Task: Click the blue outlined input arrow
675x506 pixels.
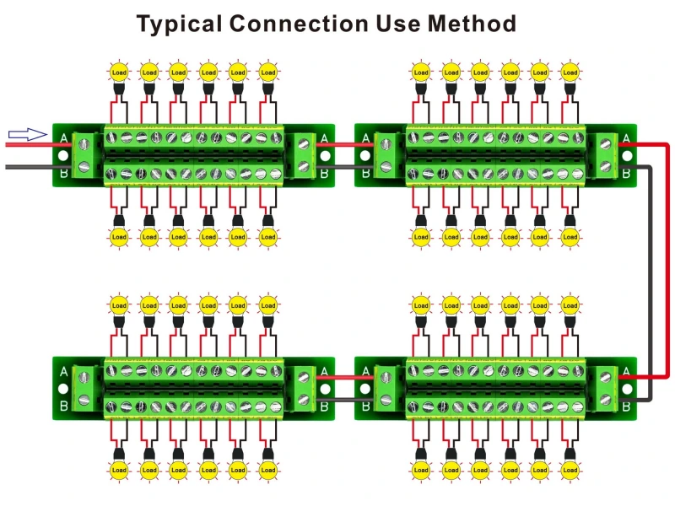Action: click(26, 133)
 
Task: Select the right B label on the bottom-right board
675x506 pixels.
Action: click(625, 406)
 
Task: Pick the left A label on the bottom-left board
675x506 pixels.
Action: click(64, 371)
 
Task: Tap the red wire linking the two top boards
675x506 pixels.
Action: click(345, 145)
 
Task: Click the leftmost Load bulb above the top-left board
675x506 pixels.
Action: click(119, 73)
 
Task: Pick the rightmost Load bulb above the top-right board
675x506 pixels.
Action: click(570, 73)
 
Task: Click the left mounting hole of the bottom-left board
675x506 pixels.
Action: click(64, 389)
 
